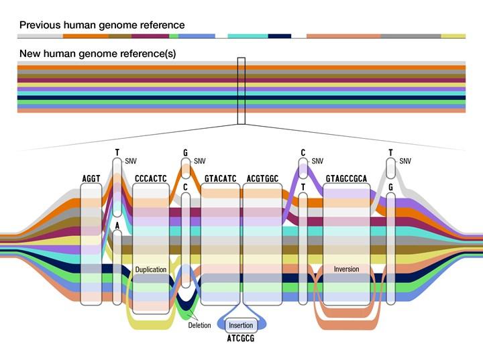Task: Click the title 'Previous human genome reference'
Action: [x=102, y=25]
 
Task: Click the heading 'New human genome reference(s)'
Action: [x=97, y=54]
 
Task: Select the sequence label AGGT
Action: [x=91, y=178]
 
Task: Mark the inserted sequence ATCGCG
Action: [x=241, y=339]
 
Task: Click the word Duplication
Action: [x=151, y=269]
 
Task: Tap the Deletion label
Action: [x=199, y=325]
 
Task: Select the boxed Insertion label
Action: [x=241, y=325]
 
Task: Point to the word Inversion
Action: [x=346, y=269]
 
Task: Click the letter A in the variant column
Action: [x=117, y=226]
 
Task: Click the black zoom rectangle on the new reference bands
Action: [x=241, y=91]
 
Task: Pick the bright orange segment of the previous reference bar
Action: [x=86, y=36]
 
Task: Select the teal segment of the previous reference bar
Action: [x=248, y=36]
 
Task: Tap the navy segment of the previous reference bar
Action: [x=279, y=36]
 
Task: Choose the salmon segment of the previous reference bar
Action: [x=343, y=36]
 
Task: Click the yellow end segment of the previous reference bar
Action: [x=453, y=36]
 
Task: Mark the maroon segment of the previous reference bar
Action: [x=150, y=36]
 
